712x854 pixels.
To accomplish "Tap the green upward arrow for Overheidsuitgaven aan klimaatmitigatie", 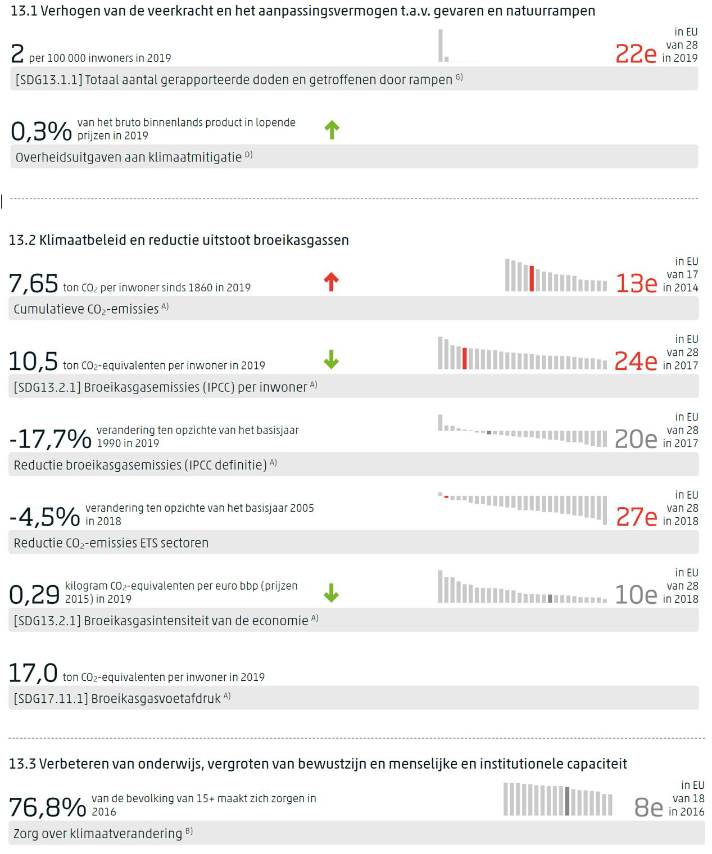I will point(332,130).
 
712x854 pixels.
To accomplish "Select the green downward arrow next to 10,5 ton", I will point(331,359).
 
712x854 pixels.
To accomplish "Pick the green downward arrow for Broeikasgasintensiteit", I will point(331,593).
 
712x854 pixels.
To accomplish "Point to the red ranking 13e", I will point(636,283).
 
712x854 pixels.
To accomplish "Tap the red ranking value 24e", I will point(636,362).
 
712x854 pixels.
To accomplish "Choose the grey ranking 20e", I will point(636,439).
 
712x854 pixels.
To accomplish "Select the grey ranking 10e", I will point(636,595).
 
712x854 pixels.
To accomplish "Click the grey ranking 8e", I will point(648,808).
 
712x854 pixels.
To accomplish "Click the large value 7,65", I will point(34,283).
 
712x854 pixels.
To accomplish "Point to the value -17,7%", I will point(50,439).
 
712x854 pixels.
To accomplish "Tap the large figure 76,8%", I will point(47,808).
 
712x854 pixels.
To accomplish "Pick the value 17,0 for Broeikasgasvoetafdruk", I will point(34,673).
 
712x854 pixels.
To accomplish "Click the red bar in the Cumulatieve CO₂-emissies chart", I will point(532,278).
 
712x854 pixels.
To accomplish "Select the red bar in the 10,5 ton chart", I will point(465,358).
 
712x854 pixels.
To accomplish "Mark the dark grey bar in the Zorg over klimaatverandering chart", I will point(567,801).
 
